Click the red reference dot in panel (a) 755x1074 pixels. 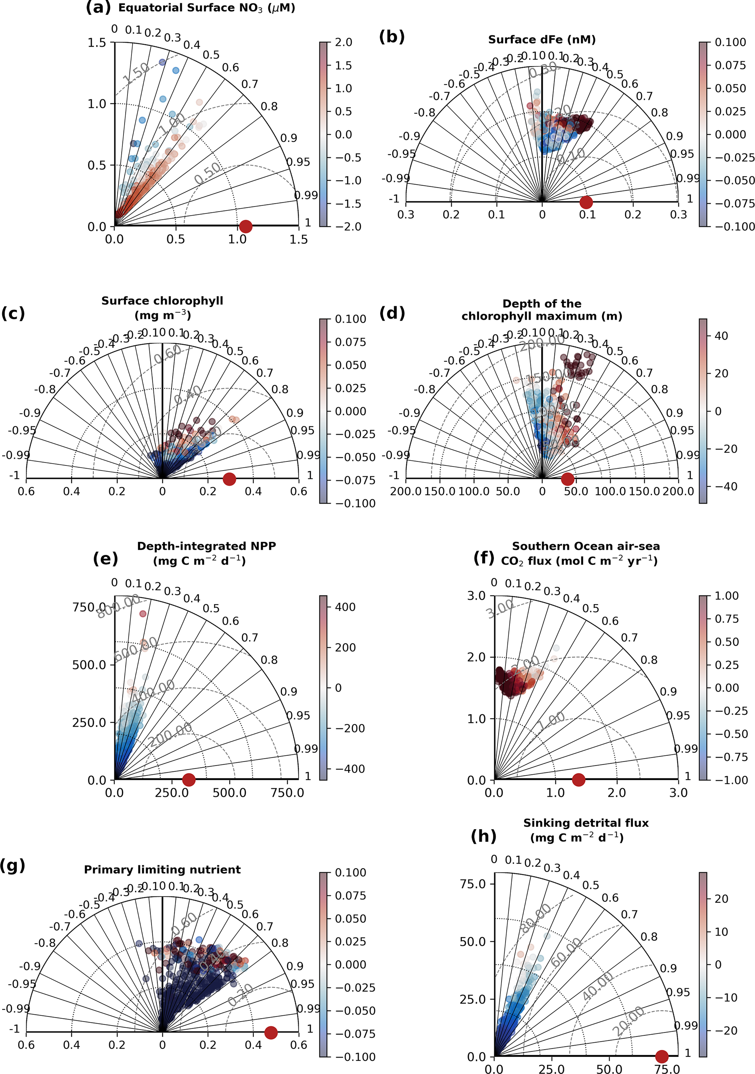click(245, 226)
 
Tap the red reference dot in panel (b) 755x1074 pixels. click(586, 202)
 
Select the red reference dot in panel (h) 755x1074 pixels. click(662, 1056)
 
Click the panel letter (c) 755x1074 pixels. click(13, 313)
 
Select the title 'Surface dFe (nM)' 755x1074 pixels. click(542, 40)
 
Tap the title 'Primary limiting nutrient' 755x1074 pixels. click(162, 869)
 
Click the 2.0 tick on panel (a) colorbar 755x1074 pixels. click(343, 43)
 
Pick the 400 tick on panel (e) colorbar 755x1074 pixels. click(345, 607)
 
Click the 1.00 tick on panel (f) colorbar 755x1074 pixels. click(727, 596)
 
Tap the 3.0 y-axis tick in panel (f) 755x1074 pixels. click(476, 596)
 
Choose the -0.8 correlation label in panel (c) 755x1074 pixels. click(45, 389)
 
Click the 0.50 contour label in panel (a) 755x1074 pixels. click(208, 173)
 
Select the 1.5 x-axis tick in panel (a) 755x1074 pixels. click(298, 240)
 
